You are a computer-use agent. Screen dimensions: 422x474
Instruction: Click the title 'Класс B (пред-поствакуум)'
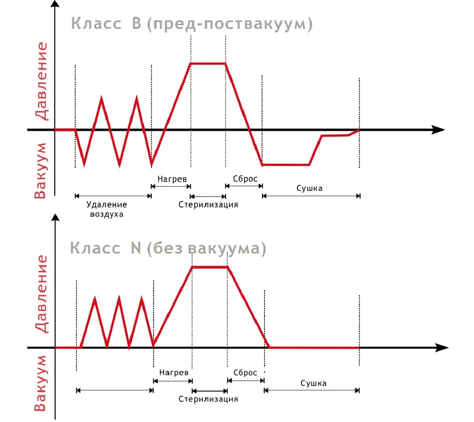pyautogui.click(x=191, y=24)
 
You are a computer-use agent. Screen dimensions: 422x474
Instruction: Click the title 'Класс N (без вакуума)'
pyautogui.click(x=168, y=248)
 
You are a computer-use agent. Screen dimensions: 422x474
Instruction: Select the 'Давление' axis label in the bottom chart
pyautogui.click(x=42, y=294)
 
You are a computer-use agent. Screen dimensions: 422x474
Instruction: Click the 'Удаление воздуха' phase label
pyautogui.click(x=107, y=209)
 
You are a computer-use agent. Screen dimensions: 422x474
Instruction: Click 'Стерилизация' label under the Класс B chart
pyautogui.click(x=208, y=205)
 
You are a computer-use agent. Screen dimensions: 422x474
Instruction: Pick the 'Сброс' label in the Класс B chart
pyautogui.click(x=245, y=179)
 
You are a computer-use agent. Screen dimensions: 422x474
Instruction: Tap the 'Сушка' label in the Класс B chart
pyautogui.click(x=310, y=188)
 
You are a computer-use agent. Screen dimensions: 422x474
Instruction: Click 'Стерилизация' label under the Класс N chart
pyautogui.click(x=208, y=398)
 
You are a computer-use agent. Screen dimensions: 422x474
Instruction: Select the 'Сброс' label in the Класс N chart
pyautogui.click(x=246, y=373)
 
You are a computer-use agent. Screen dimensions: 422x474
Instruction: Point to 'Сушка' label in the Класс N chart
pyautogui.click(x=313, y=383)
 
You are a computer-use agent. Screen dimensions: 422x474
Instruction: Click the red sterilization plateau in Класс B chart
pyautogui.click(x=208, y=63)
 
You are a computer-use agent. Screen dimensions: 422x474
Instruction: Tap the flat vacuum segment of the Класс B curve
pyautogui.click(x=285, y=165)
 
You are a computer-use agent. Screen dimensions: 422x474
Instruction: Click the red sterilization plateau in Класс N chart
pyautogui.click(x=210, y=267)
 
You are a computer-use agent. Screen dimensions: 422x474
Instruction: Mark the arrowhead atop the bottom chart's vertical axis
pyautogui.click(x=55, y=218)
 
